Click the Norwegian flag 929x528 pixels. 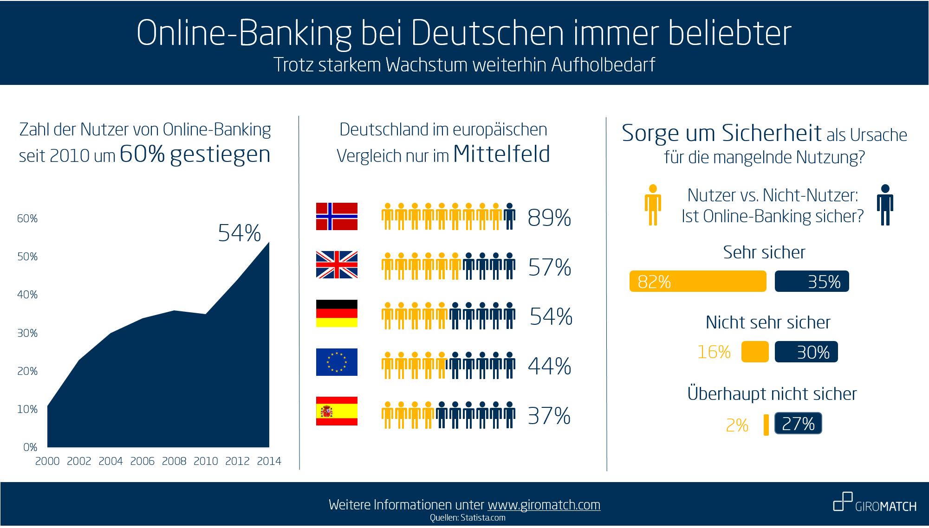pyautogui.click(x=337, y=216)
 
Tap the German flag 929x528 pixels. pyautogui.click(x=337, y=313)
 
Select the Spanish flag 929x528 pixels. pyautogui.click(x=337, y=411)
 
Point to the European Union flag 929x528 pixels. pyautogui.click(x=337, y=362)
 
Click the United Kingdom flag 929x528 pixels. pyautogui.click(x=337, y=264)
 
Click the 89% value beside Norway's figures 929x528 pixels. pyautogui.click(x=549, y=218)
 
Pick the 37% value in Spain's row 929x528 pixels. pyautogui.click(x=549, y=416)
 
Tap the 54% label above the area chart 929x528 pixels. pyautogui.click(x=240, y=233)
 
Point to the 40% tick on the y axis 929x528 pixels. pyautogui.click(x=27, y=295)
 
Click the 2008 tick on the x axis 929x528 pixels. pyautogui.click(x=174, y=461)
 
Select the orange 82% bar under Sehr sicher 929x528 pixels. pyautogui.click(x=697, y=282)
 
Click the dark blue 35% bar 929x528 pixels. pyautogui.click(x=812, y=282)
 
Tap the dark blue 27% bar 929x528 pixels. pyautogui.click(x=798, y=424)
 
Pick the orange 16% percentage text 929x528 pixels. pyautogui.click(x=714, y=352)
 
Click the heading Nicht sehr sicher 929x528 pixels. pyautogui.click(x=768, y=322)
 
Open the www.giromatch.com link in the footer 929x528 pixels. pyautogui.click(x=544, y=505)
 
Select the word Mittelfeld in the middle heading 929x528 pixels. pyautogui.click(x=501, y=154)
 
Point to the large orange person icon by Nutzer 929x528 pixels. pyautogui.click(x=653, y=205)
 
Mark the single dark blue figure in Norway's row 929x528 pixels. pyautogui.click(x=510, y=216)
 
